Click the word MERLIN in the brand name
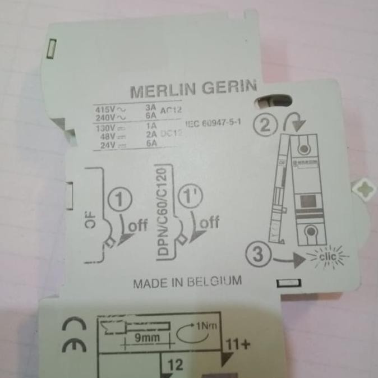[162, 91]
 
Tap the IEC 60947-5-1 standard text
[213, 124]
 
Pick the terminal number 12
[175, 365]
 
